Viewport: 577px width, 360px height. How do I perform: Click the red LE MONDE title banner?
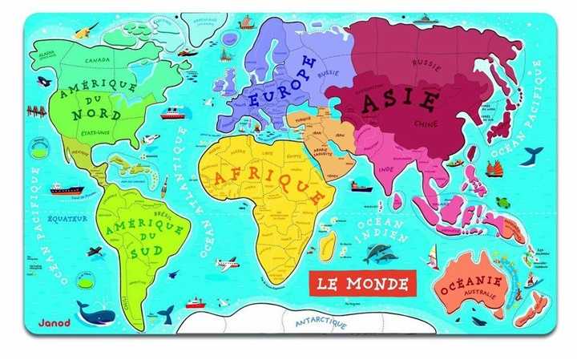click(362, 282)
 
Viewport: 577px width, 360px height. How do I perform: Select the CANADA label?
click(98, 59)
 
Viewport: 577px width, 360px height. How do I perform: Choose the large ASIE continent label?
click(400, 103)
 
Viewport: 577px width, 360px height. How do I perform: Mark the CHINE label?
click(426, 123)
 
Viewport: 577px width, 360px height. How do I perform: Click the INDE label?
click(386, 170)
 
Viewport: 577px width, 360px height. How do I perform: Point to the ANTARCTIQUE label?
click(321, 323)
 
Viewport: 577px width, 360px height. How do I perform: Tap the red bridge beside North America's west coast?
click(35, 111)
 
